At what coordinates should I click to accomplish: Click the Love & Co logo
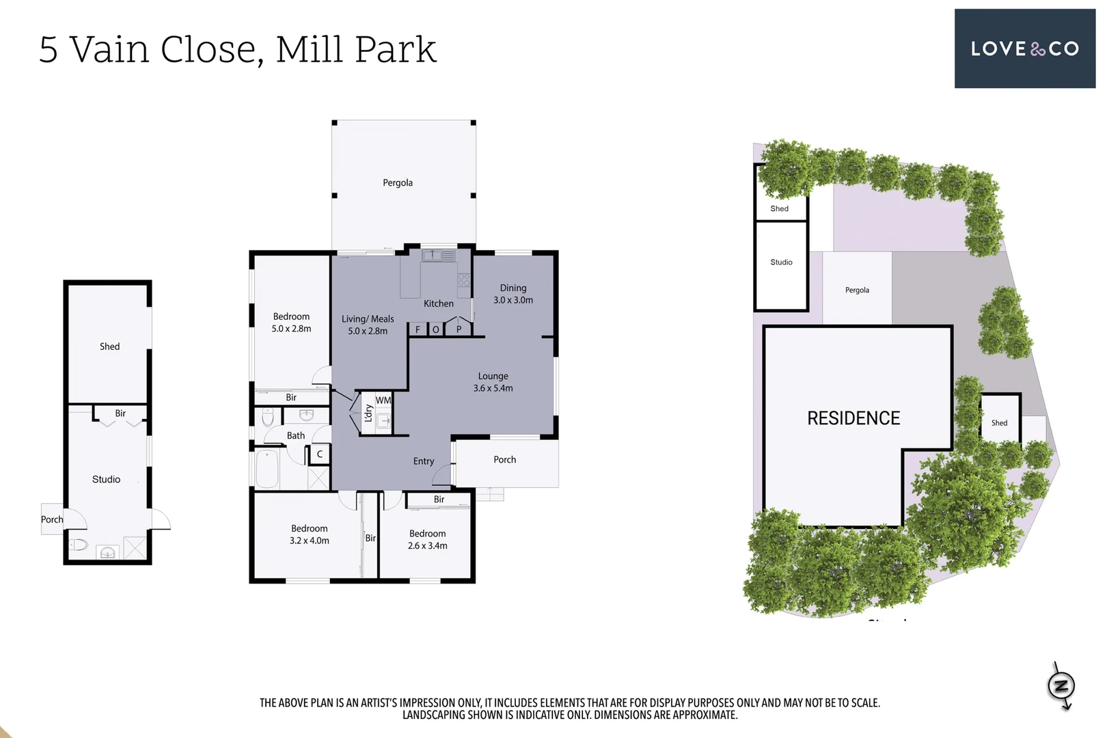pyautogui.click(x=1024, y=49)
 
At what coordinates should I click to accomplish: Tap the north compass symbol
pyautogui.click(x=1061, y=685)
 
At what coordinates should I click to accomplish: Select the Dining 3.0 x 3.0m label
pyautogui.click(x=513, y=294)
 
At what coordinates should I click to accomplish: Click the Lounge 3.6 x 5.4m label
pyautogui.click(x=493, y=382)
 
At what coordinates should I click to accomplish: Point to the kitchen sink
pyautogui.click(x=433, y=256)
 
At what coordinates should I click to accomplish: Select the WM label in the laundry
pyautogui.click(x=383, y=400)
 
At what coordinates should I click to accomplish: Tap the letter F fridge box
pyautogui.click(x=418, y=329)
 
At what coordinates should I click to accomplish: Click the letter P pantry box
pyautogui.click(x=459, y=329)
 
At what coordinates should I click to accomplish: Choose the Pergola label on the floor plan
pyautogui.click(x=398, y=182)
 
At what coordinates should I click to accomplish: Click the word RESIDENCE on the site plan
pyautogui.click(x=853, y=418)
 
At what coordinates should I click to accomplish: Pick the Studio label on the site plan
pyautogui.click(x=781, y=262)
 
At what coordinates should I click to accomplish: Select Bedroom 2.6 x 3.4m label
pyautogui.click(x=428, y=539)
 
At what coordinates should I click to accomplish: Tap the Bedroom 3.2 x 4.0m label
pyautogui.click(x=310, y=534)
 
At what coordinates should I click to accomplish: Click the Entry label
pyautogui.click(x=424, y=461)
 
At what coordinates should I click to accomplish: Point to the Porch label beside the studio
pyautogui.click(x=52, y=519)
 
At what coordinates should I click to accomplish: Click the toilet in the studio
pyautogui.click(x=78, y=545)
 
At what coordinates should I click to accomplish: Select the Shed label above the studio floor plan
pyautogui.click(x=109, y=346)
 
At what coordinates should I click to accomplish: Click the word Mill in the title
pyautogui.click(x=307, y=50)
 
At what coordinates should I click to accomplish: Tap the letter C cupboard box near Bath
pyautogui.click(x=320, y=454)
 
